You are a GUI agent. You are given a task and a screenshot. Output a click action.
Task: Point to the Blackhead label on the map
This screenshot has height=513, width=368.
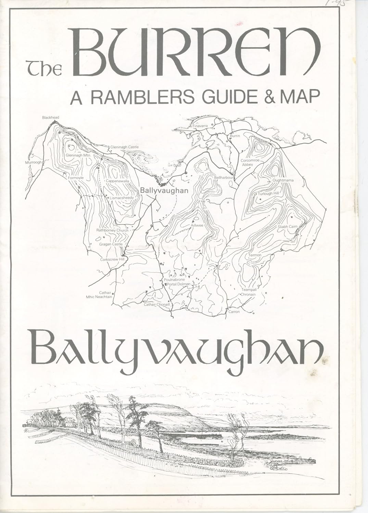point(51,118)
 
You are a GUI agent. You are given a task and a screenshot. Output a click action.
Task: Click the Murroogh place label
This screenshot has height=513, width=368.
point(33,162)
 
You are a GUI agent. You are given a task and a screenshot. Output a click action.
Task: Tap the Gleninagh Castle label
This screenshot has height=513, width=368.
point(124,147)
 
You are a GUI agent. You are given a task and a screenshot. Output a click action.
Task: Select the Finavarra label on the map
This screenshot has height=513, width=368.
point(200,126)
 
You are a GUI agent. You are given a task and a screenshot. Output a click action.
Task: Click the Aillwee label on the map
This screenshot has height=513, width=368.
point(197,226)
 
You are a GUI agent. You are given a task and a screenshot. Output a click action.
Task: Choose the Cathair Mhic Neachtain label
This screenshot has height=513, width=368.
point(99,294)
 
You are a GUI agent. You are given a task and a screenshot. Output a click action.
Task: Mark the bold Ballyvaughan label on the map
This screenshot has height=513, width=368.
point(164,191)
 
